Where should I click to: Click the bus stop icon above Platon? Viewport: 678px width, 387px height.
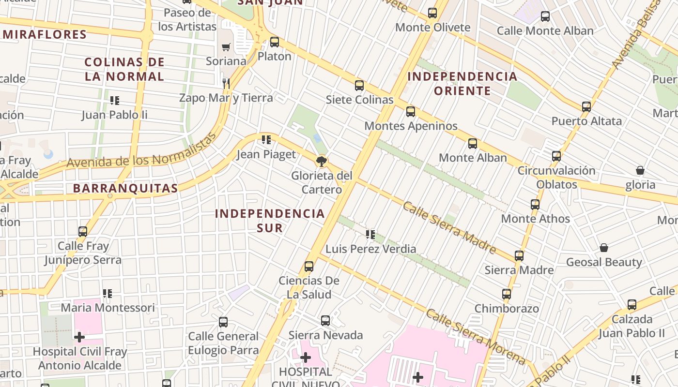[x=275, y=42]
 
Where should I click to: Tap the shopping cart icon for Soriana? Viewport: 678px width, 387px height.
[x=226, y=47]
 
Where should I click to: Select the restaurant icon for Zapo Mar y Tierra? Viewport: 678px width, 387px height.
[x=225, y=83]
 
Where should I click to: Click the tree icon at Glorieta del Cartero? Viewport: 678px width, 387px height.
[x=321, y=162]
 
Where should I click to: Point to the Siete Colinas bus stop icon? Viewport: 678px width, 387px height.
[x=359, y=86]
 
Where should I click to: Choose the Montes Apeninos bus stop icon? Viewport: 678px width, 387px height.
[x=411, y=112]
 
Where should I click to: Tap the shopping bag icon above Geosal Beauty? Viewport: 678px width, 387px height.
[x=604, y=248]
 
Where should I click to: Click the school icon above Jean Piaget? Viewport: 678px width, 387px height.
[x=266, y=140]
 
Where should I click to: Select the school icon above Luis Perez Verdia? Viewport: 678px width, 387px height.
[x=370, y=235]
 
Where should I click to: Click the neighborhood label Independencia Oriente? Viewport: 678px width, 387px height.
[x=462, y=84]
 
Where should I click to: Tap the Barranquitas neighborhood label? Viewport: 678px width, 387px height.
[x=125, y=188]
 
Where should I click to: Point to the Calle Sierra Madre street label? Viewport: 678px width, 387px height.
[x=449, y=227]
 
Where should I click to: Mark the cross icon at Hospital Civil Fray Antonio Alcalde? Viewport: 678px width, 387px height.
[x=79, y=337]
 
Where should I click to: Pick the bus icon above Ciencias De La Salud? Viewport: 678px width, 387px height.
[x=309, y=267]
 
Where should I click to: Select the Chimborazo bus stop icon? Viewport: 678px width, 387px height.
[x=507, y=294]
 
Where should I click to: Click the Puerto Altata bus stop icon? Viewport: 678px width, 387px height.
[x=586, y=107]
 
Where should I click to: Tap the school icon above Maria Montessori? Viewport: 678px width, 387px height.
[x=108, y=294]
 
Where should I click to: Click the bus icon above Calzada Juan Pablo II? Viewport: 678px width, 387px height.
[x=632, y=305]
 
